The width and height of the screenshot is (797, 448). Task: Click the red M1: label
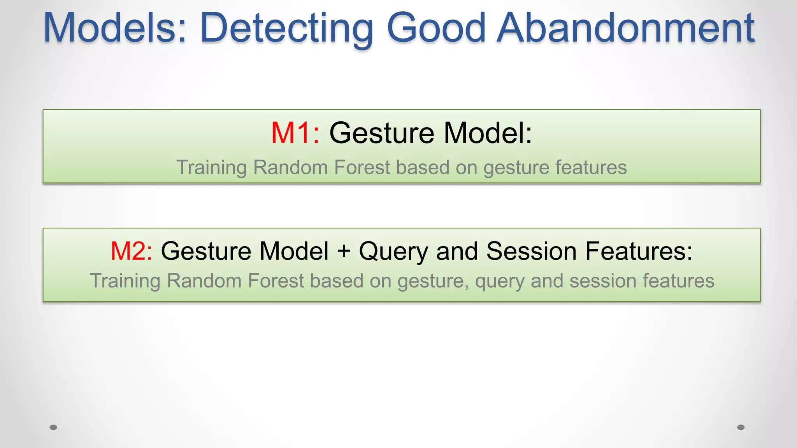(x=295, y=133)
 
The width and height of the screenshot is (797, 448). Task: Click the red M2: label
(x=132, y=251)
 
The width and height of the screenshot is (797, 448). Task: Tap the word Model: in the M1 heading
(x=488, y=133)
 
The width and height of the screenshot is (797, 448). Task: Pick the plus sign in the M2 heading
(x=344, y=251)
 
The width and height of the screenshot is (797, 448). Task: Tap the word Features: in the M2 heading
(x=639, y=251)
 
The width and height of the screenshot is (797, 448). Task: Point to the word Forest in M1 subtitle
(x=362, y=168)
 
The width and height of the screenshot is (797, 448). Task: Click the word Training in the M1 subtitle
(x=211, y=168)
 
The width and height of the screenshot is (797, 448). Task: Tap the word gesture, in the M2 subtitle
(x=433, y=281)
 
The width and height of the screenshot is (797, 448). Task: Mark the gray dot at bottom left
(x=53, y=427)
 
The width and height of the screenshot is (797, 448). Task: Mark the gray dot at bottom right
(x=741, y=427)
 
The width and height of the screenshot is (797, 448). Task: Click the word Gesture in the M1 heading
(x=381, y=133)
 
